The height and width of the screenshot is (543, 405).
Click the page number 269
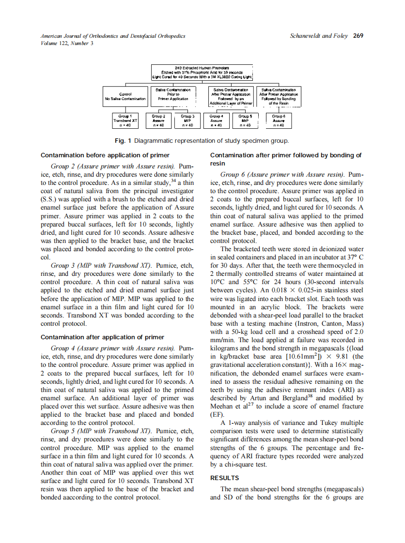(x=358, y=35)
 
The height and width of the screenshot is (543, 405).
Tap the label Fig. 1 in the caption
(x=123, y=141)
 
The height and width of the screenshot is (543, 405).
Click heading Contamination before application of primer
(x=105, y=155)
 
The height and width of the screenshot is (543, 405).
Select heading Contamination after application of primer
(x=102, y=337)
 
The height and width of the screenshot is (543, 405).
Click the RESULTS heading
(x=224, y=478)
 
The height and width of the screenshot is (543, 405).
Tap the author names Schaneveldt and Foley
(x=319, y=35)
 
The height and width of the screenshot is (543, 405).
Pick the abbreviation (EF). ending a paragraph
(x=217, y=415)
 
